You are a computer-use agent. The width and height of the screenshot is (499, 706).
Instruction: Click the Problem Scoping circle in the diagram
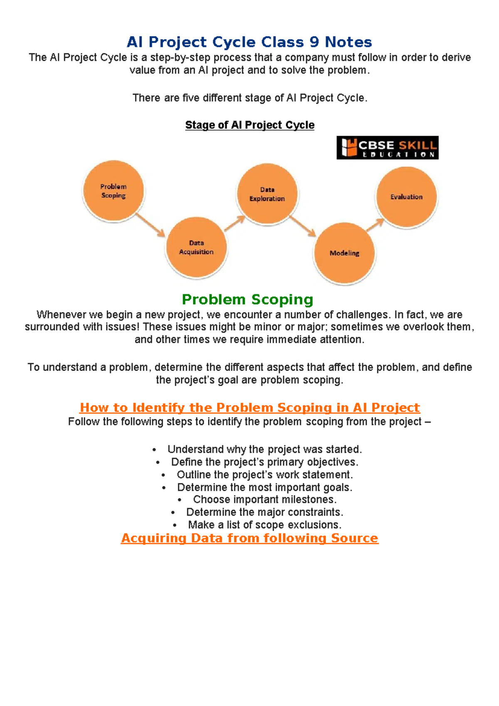click(114, 191)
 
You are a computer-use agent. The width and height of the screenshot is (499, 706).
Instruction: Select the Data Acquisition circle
click(196, 247)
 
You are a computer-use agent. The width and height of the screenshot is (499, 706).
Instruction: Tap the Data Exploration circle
click(267, 194)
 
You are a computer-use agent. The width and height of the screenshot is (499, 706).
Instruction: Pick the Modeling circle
click(344, 253)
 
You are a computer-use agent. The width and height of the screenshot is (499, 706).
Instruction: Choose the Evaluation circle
click(406, 197)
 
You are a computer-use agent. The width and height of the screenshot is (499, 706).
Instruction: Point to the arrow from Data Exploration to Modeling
click(303, 226)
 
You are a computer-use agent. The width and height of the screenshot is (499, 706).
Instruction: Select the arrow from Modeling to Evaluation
click(375, 225)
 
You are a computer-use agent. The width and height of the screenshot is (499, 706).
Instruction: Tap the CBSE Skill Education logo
click(387, 148)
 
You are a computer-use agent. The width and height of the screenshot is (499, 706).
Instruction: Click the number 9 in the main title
click(314, 42)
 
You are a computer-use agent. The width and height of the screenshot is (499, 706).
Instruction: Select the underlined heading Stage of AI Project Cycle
click(249, 125)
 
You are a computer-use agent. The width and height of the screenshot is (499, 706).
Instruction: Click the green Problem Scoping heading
click(248, 299)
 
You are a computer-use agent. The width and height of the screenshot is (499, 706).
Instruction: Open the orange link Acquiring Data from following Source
click(249, 538)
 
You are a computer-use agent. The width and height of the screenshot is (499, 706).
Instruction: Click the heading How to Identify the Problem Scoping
click(249, 407)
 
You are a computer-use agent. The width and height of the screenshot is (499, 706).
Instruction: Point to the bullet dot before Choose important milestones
click(180, 500)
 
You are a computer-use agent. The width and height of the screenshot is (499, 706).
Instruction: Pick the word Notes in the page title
click(348, 42)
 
